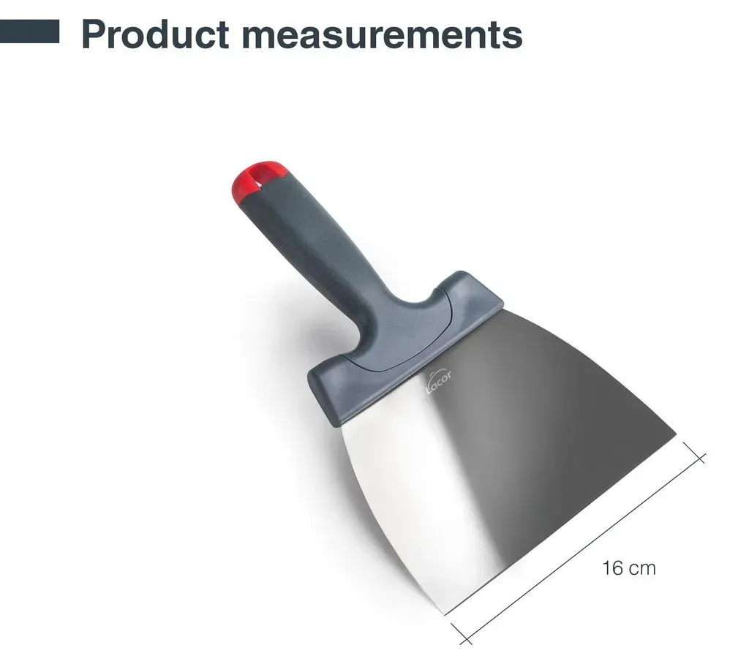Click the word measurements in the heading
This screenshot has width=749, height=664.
coord(382,35)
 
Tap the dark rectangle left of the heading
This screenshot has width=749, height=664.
coord(29,31)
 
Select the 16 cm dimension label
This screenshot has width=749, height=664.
coord(628,568)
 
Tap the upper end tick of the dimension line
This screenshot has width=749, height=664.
coord(694,453)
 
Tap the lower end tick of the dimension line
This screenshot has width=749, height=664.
coord(462,634)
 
